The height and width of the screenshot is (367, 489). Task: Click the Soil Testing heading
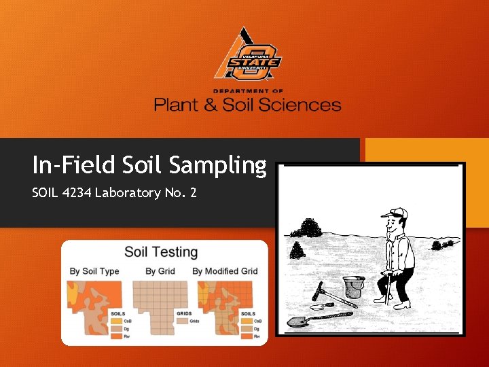coord(161,252)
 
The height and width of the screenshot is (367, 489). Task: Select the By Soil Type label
coord(94,271)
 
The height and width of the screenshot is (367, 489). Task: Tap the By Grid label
coord(160,271)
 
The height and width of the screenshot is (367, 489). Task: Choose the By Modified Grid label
coord(225,271)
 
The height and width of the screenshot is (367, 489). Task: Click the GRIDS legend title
coord(183,313)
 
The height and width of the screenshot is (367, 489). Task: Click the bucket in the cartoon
coord(352,287)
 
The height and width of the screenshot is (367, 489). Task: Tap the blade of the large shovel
coord(300,320)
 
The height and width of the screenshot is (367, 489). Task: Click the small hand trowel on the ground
coord(319,307)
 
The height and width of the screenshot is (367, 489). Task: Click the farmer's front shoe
coord(403,305)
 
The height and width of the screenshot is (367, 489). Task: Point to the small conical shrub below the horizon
coord(296,251)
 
